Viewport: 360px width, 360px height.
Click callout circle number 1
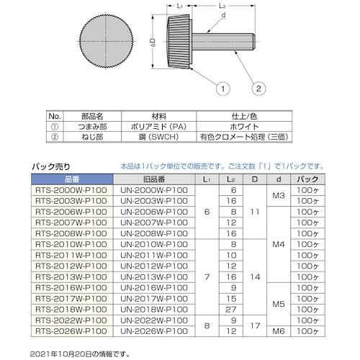[223, 89]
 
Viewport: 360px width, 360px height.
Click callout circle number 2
[258, 89]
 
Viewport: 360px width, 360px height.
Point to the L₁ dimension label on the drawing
[180, 6]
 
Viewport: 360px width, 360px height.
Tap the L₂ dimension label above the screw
[222, 6]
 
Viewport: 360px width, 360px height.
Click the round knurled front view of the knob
[106, 42]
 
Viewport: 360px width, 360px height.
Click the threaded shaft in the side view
[223, 42]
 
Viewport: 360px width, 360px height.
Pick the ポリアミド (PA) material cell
[158, 127]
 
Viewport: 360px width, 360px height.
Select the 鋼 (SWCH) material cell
[158, 137]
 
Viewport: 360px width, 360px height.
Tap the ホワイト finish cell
[244, 127]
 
